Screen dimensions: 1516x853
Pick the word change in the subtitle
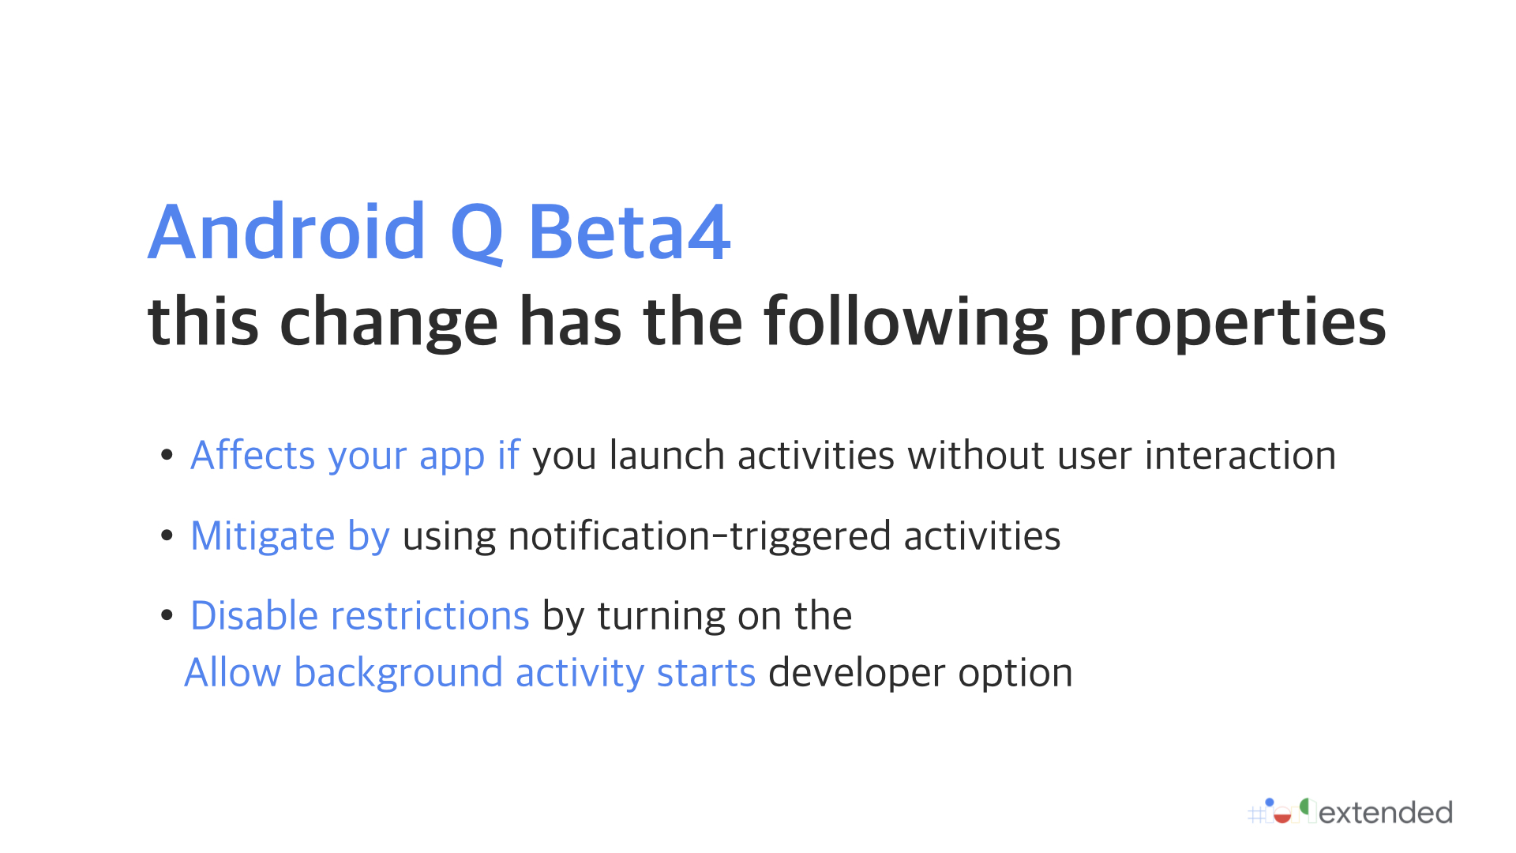[388, 322]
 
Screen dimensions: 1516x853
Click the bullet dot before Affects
[167, 455]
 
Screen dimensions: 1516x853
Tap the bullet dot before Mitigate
[167, 535]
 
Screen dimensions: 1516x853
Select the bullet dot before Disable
[167, 615]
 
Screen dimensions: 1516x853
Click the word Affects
[253, 455]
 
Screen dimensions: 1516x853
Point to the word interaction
[1240, 455]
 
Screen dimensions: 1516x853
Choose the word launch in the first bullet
[666, 455]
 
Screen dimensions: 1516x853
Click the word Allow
[232, 673]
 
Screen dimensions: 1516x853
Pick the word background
[398, 674]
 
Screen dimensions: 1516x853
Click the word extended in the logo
[1386, 813]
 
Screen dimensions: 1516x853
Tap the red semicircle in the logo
[1282, 817]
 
